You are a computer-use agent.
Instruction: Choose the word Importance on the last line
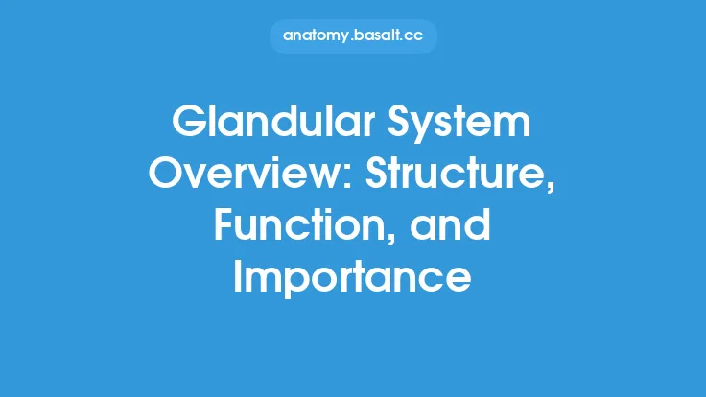(353, 277)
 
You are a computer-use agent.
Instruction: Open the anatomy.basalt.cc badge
(353, 36)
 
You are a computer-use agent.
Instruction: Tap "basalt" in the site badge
(377, 36)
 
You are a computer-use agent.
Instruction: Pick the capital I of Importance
(241, 277)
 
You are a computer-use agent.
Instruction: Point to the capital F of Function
(223, 227)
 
